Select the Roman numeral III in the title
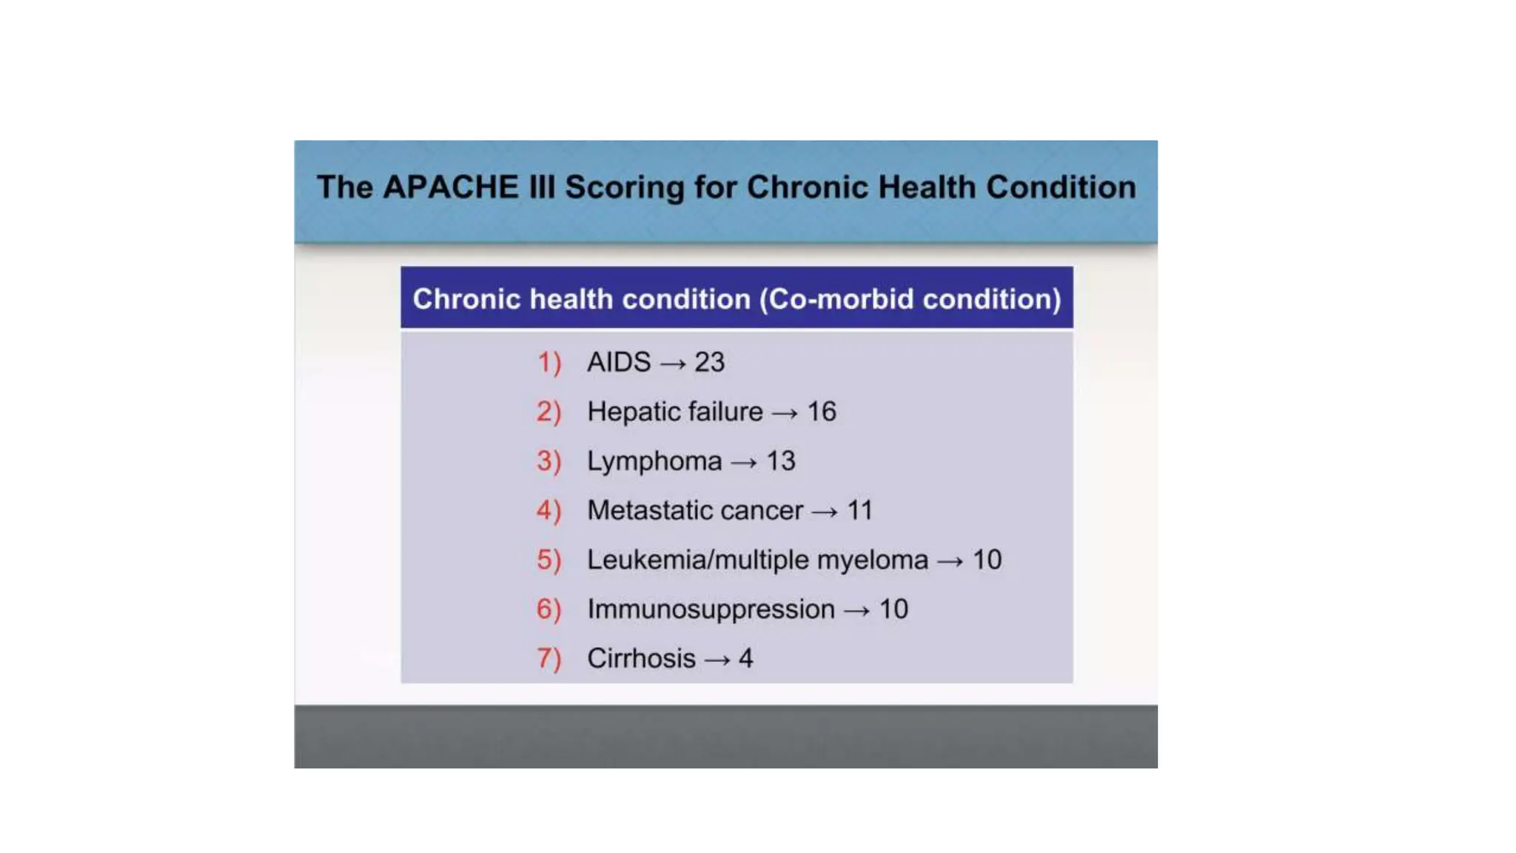pos(542,187)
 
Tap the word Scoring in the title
pos(625,188)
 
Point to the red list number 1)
pos(549,363)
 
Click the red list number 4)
pos(549,511)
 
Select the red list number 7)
pos(549,659)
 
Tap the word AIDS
pos(619,362)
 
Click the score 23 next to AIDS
pos(709,362)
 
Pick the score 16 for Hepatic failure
pos(821,412)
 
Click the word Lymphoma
pos(654,462)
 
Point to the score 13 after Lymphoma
pos(780,461)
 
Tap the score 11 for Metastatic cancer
pos(859,510)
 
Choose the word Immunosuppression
pos(711,609)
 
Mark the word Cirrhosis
pos(641,658)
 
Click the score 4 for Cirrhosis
pos(745,658)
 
